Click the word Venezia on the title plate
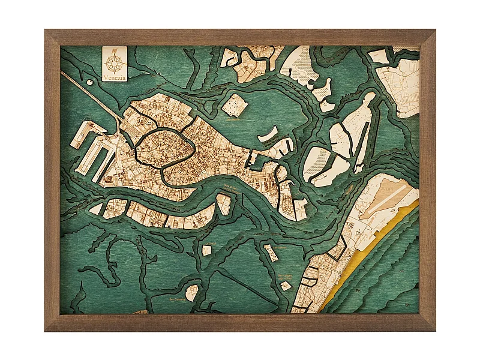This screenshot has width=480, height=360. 114,77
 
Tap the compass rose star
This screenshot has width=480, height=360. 114,62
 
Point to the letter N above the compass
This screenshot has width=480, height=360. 114,51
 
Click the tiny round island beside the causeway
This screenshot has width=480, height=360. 90,82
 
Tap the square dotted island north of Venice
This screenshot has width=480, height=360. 234,105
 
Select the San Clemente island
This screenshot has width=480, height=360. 191,293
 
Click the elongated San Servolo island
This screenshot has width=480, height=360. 271,253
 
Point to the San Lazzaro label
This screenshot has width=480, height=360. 286,277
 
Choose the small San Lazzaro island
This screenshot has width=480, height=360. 286,286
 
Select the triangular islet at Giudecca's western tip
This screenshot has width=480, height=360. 95,209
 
